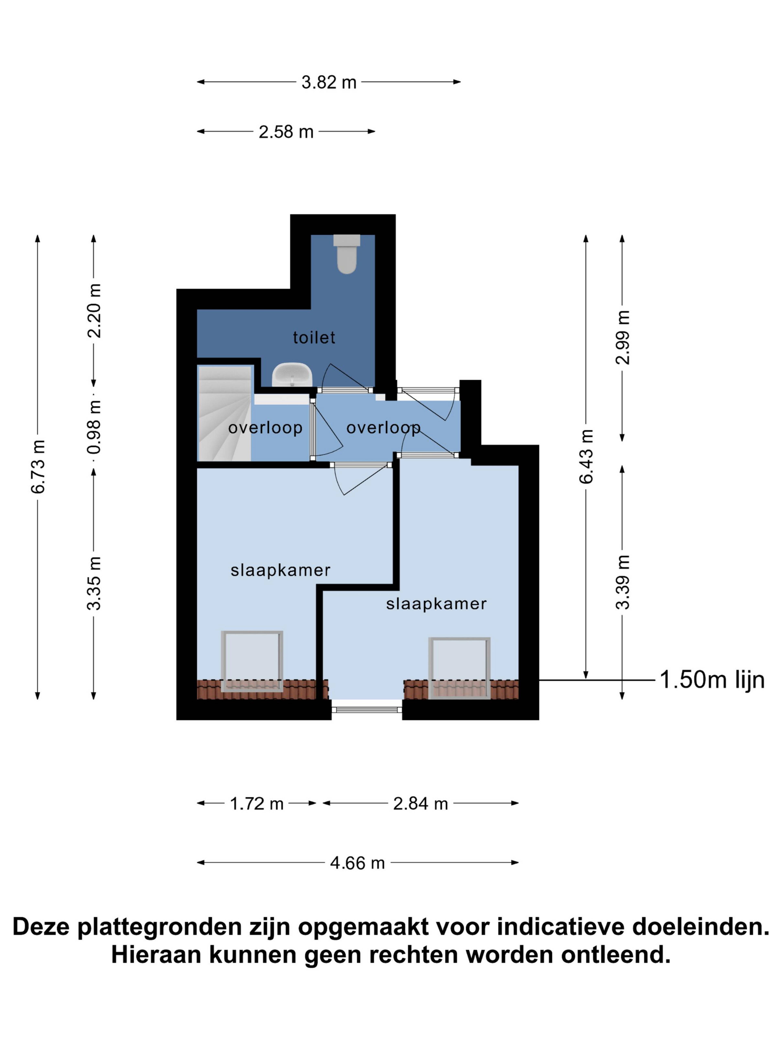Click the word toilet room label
tap(314, 338)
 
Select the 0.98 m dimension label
tap(94, 427)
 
